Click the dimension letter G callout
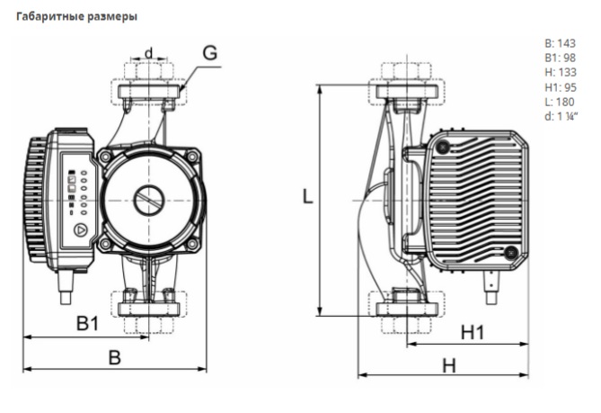[208, 52]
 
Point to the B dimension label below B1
[114, 356]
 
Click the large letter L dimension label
[307, 197]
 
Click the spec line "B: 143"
[561, 42]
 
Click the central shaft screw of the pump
[148, 201]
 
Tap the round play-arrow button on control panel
[79, 229]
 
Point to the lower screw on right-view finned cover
[510, 253]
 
